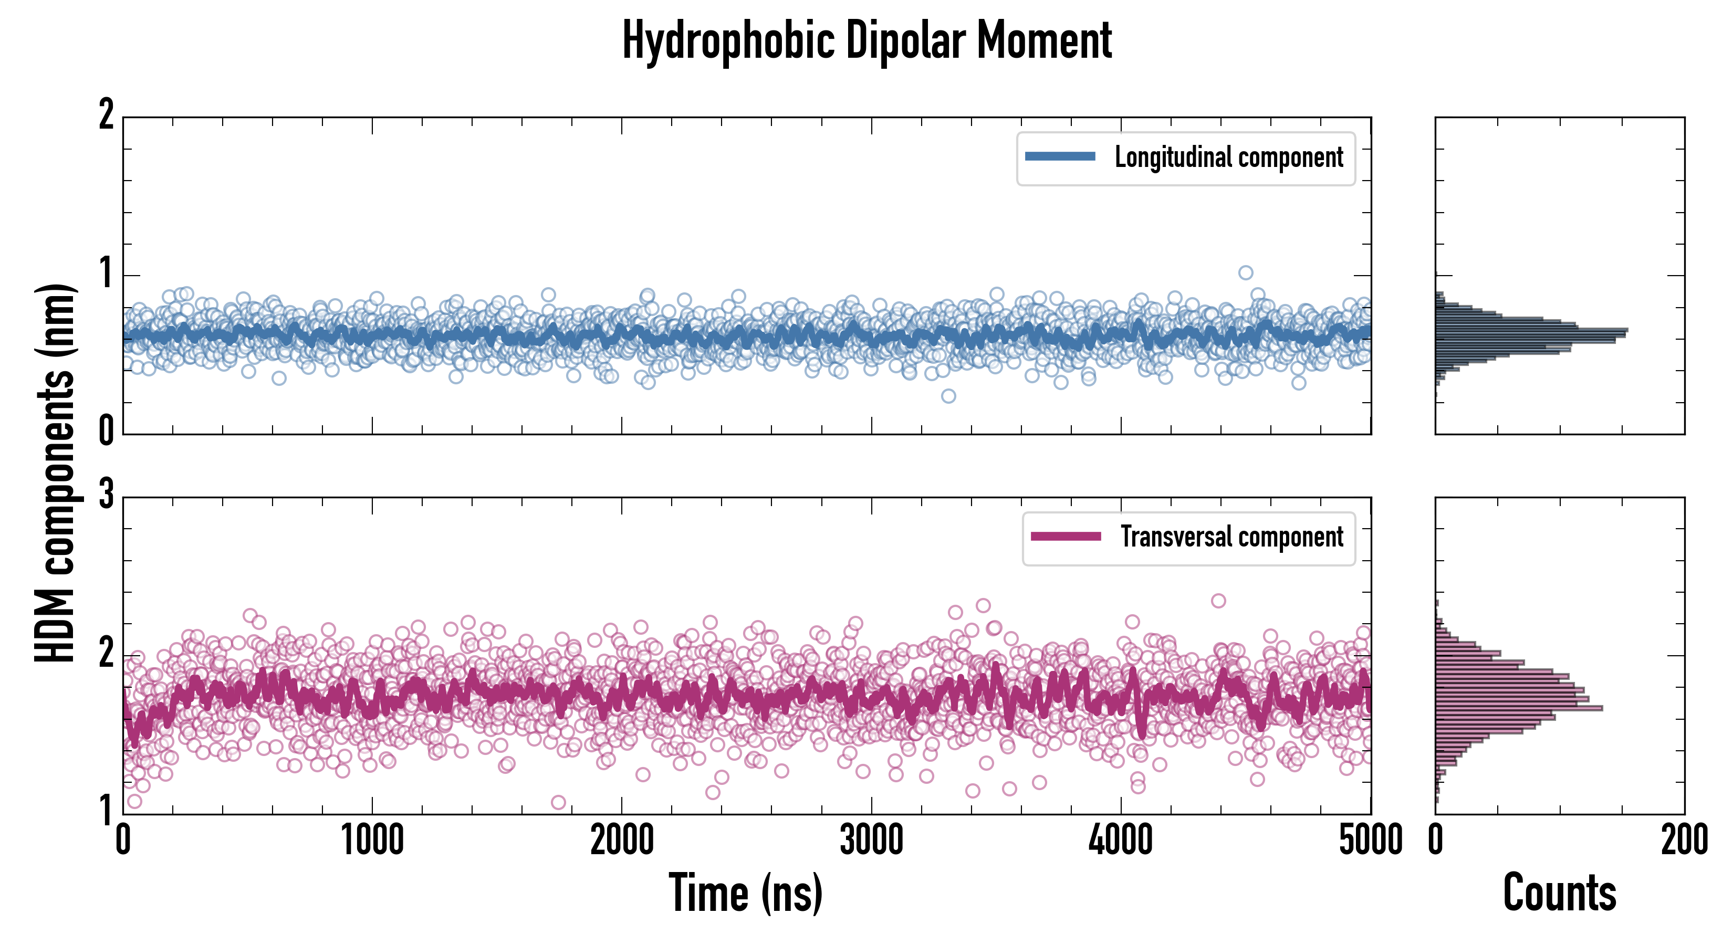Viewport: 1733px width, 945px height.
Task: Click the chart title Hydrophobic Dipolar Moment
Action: point(866,41)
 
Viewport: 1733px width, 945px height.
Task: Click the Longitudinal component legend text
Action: point(1228,157)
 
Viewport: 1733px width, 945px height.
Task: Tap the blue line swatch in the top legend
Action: point(1060,157)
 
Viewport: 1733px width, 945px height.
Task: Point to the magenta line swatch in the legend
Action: point(1066,537)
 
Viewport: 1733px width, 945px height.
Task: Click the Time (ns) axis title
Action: point(745,893)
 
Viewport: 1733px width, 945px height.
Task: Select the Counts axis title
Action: point(1559,893)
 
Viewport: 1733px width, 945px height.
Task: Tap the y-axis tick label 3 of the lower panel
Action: point(106,495)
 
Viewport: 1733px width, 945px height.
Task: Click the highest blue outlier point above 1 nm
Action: point(1246,272)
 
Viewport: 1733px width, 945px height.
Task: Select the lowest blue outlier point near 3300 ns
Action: point(948,396)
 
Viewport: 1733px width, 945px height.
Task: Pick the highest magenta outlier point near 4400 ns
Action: point(1218,601)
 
